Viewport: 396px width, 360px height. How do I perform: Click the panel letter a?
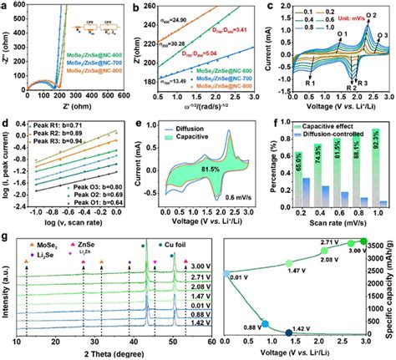8,6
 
